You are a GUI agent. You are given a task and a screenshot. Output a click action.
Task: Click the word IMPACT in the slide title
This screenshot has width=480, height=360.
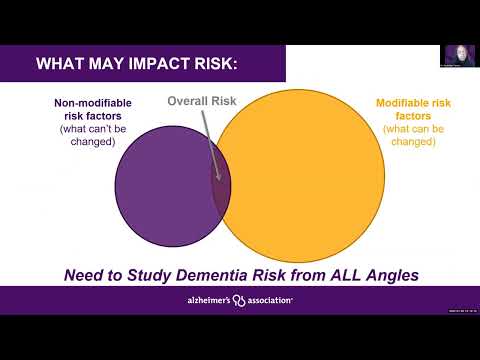[x=149, y=65]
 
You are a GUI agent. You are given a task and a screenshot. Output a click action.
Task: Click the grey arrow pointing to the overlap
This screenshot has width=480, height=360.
[x=209, y=140]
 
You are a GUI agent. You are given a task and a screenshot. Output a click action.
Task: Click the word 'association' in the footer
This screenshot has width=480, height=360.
[x=268, y=299]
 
